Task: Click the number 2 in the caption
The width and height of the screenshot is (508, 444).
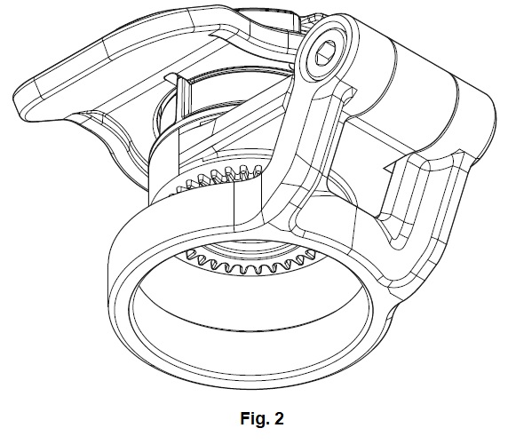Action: click(279, 418)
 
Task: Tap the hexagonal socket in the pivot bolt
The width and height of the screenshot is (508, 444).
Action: click(326, 52)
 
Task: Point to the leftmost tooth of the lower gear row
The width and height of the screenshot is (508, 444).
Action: click(190, 254)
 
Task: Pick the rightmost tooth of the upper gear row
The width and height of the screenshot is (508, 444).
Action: click(258, 170)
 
